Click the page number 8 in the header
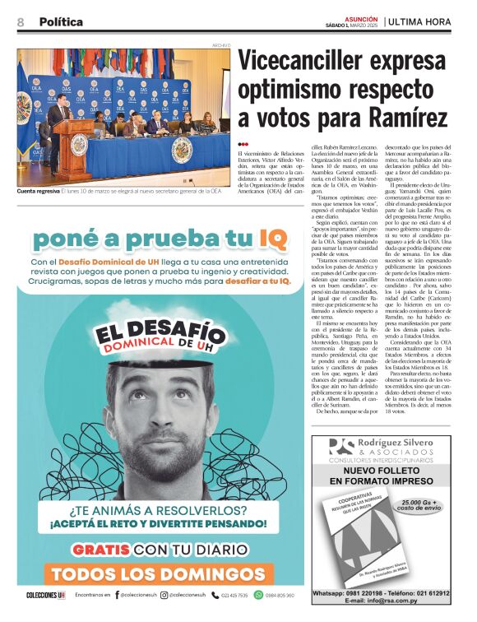[21, 22]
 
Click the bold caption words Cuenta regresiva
[38, 191]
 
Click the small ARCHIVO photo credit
[221, 45]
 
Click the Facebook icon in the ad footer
[117, 595]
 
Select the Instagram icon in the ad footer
[164, 595]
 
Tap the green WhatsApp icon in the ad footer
[259, 595]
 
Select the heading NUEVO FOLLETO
[386, 471]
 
